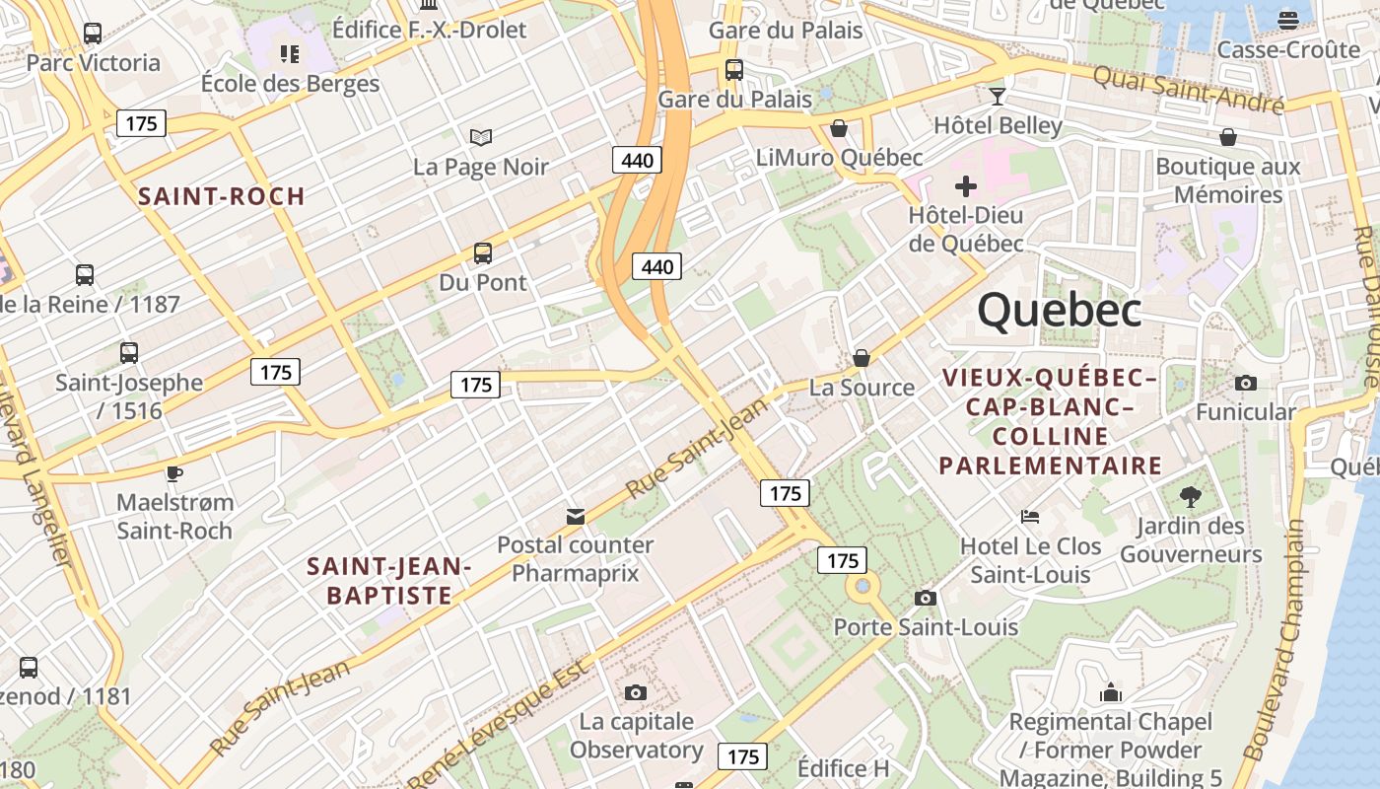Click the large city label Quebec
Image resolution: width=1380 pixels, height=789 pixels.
click(1060, 311)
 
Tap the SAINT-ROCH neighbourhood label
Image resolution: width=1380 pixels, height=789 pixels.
click(222, 196)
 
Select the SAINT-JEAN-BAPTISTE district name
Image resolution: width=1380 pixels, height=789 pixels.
click(389, 581)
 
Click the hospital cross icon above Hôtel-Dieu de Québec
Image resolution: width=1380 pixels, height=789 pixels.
click(966, 185)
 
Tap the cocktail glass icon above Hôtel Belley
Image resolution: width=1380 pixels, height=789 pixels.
click(998, 96)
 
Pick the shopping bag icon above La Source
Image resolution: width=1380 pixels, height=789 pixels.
click(862, 357)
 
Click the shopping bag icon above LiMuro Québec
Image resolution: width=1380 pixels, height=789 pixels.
click(839, 128)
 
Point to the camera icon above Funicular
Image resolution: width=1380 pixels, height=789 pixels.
click(1246, 383)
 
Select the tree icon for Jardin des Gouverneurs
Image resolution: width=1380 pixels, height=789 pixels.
click(1190, 497)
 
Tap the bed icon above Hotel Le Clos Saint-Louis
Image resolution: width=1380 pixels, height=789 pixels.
click(1030, 517)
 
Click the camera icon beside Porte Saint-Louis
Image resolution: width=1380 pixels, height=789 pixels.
click(925, 598)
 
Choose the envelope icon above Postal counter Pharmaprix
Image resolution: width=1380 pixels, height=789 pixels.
click(575, 516)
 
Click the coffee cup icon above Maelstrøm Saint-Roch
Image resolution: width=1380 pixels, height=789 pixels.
click(174, 473)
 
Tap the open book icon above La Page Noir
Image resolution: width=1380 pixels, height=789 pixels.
click(481, 137)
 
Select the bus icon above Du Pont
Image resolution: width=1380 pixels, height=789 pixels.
click(483, 253)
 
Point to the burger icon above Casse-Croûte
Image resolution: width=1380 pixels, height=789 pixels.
click(1288, 20)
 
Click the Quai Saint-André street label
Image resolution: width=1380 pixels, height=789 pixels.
click(1188, 89)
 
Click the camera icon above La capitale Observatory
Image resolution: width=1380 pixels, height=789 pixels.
click(636, 692)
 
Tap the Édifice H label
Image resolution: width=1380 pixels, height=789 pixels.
click(843, 768)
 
